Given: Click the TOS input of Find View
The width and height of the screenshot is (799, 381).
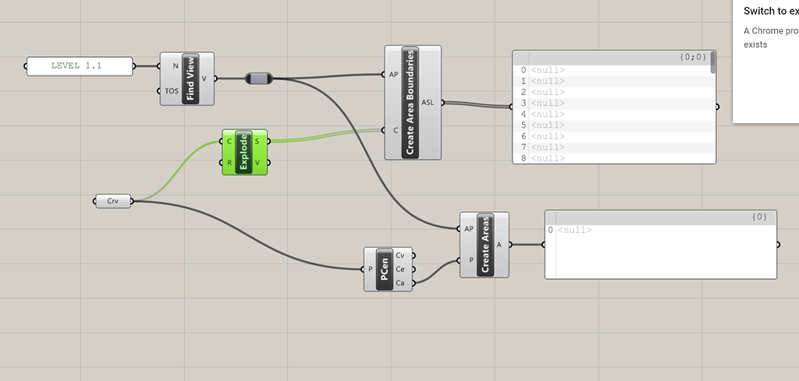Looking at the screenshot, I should (x=171, y=91).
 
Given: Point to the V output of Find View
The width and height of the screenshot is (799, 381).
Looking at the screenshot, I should (x=204, y=78).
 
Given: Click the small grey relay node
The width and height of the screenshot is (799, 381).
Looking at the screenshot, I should (x=258, y=79).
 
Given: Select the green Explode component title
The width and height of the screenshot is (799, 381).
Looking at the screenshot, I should (x=243, y=152).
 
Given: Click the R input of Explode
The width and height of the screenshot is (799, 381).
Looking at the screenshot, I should (x=229, y=162).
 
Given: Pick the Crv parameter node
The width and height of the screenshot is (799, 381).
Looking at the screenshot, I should (x=113, y=202).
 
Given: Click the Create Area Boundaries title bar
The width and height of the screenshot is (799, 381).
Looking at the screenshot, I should (x=410, y=102).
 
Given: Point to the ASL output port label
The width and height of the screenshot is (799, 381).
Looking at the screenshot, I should (x=428, y=102).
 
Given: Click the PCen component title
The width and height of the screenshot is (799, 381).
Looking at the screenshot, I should (x=384, y=269).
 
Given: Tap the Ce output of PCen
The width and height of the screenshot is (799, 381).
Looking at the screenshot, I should (x=400, y=269).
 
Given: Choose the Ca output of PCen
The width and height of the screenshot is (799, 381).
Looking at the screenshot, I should (x=400, y=283).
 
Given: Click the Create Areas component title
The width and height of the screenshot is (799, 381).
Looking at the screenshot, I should (x=484, y=245).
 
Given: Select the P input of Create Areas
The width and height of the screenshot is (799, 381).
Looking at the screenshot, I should (x=470, y=260).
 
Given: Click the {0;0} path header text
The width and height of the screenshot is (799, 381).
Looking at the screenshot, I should (x=692, y=57).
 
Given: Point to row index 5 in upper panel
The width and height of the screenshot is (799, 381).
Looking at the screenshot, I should (x=524, y=125).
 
